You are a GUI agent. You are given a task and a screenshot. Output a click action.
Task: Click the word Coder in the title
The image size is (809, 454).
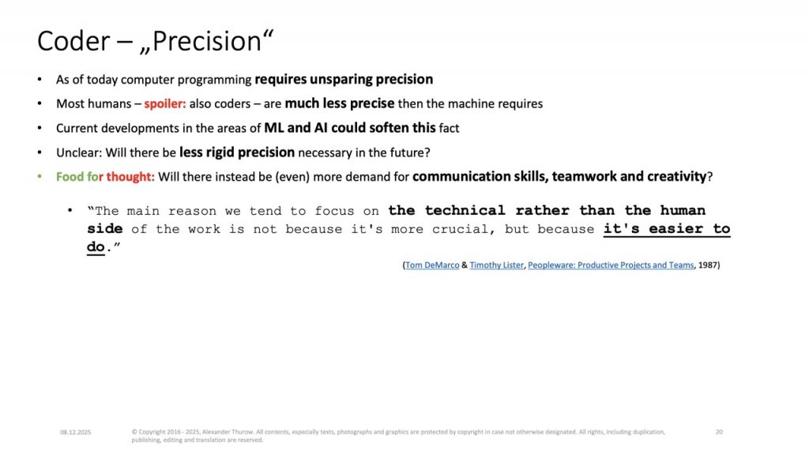coord(73,41)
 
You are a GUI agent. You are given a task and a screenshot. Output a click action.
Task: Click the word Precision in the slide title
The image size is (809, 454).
coord(208,41)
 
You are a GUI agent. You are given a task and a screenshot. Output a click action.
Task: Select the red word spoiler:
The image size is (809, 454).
coord(165,103)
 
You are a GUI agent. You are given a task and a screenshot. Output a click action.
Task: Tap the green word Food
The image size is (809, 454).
coord(70,176)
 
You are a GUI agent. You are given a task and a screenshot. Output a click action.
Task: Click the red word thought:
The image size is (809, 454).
coord(130,177)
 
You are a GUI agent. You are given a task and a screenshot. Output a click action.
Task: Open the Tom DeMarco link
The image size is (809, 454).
coord(432,265)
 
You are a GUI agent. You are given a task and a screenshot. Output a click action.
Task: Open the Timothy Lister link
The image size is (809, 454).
coord(496,265)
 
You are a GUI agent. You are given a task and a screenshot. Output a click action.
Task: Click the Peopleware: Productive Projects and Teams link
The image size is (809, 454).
coord(611,265)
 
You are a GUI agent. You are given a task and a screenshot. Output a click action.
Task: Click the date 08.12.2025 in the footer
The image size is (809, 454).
coord(75,433)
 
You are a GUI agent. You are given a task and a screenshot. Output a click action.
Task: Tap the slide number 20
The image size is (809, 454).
coord(719,432)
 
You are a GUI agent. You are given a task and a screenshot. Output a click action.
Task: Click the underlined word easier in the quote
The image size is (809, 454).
coord(676,228)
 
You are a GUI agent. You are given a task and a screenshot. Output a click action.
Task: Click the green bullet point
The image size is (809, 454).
coord(40,176)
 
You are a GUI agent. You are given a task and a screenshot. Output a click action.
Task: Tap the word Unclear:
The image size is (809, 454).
coord(79,152)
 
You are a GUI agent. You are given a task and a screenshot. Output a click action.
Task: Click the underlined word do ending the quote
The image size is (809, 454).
coord(96,247)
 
